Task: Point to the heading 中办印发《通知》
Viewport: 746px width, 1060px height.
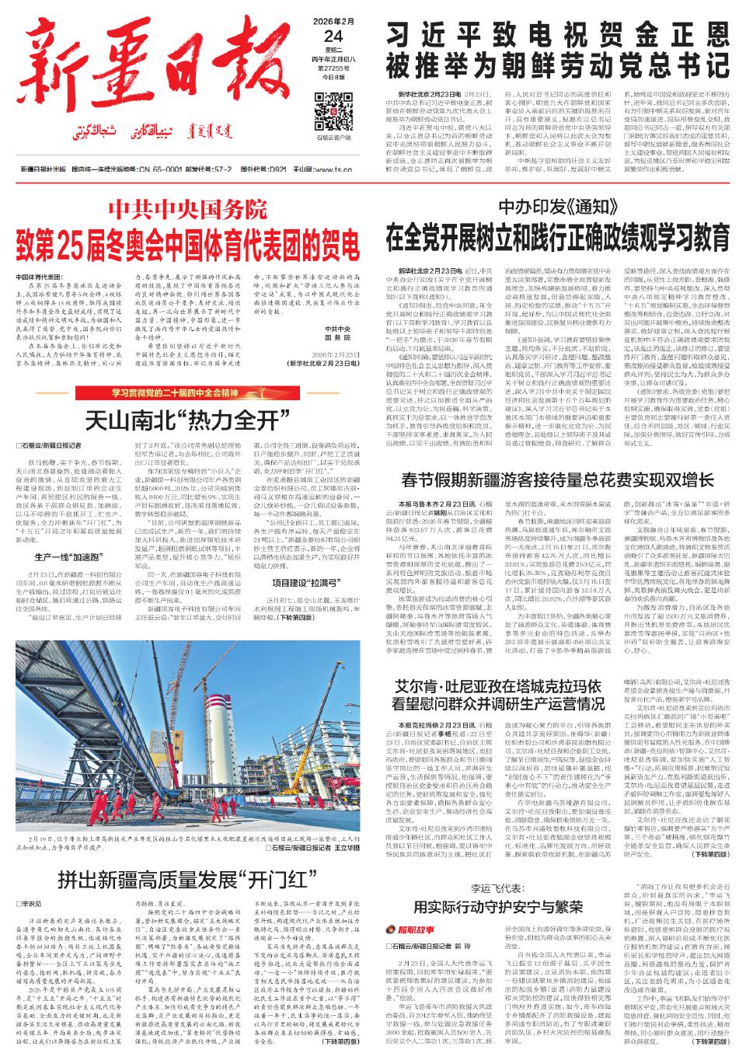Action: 557,207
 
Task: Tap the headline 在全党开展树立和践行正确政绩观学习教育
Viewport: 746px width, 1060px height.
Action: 557,234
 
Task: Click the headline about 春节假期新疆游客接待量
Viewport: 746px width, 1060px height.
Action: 557,479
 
